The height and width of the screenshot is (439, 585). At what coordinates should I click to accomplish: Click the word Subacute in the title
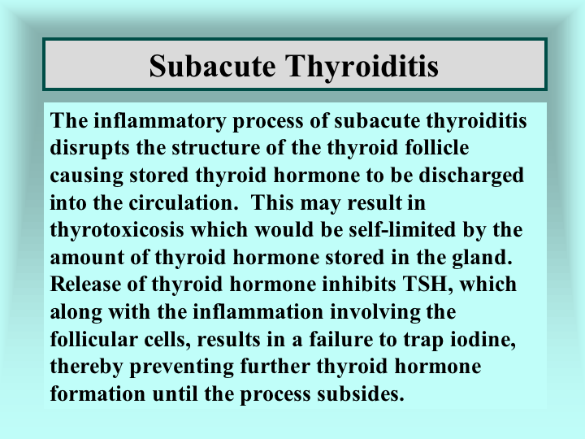tap(212, 66)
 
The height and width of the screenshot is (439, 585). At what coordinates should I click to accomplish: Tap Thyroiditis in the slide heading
tap(362, 67)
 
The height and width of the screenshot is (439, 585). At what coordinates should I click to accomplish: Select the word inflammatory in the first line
tap(160, 121)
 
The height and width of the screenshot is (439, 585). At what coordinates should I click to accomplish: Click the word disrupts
tap(89, 148)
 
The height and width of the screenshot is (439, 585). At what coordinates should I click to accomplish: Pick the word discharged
tap(471, 176)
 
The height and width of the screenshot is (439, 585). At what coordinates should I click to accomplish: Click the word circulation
tap(183, 202)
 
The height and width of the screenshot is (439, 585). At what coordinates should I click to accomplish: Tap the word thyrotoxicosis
tap(117, 230)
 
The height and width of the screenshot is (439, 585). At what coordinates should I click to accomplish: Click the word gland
tap(482, 258)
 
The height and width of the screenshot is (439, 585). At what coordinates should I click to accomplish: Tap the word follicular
tap(94, 339)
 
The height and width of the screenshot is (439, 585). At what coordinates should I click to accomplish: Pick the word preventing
tap(181, 367)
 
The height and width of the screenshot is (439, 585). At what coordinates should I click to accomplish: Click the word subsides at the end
tap(361, 393)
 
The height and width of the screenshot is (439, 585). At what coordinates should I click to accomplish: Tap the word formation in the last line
tap(97, 393)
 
